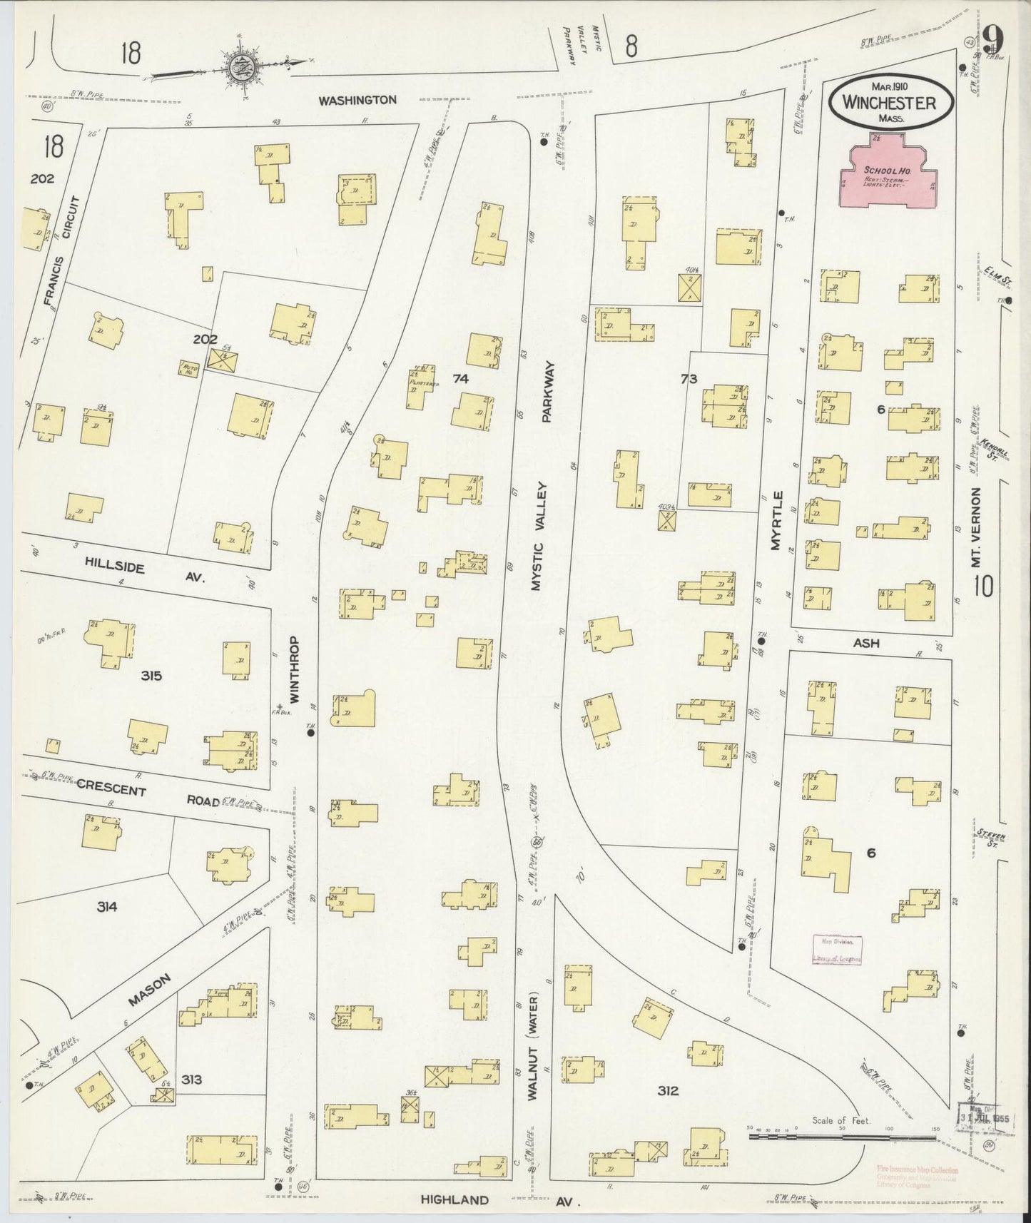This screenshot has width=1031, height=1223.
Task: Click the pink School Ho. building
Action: click(888, 176)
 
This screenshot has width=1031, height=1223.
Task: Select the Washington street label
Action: click(357, 101)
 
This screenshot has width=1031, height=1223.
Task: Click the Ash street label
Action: click(865, 643)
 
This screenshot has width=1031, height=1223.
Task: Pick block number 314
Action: click(107, 907)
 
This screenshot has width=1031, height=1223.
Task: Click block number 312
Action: click(668, 1090)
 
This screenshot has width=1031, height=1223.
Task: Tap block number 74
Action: click(461, 379)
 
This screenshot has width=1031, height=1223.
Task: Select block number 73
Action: click(688, 379)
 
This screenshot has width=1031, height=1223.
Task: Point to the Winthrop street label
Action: click(295, 669)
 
